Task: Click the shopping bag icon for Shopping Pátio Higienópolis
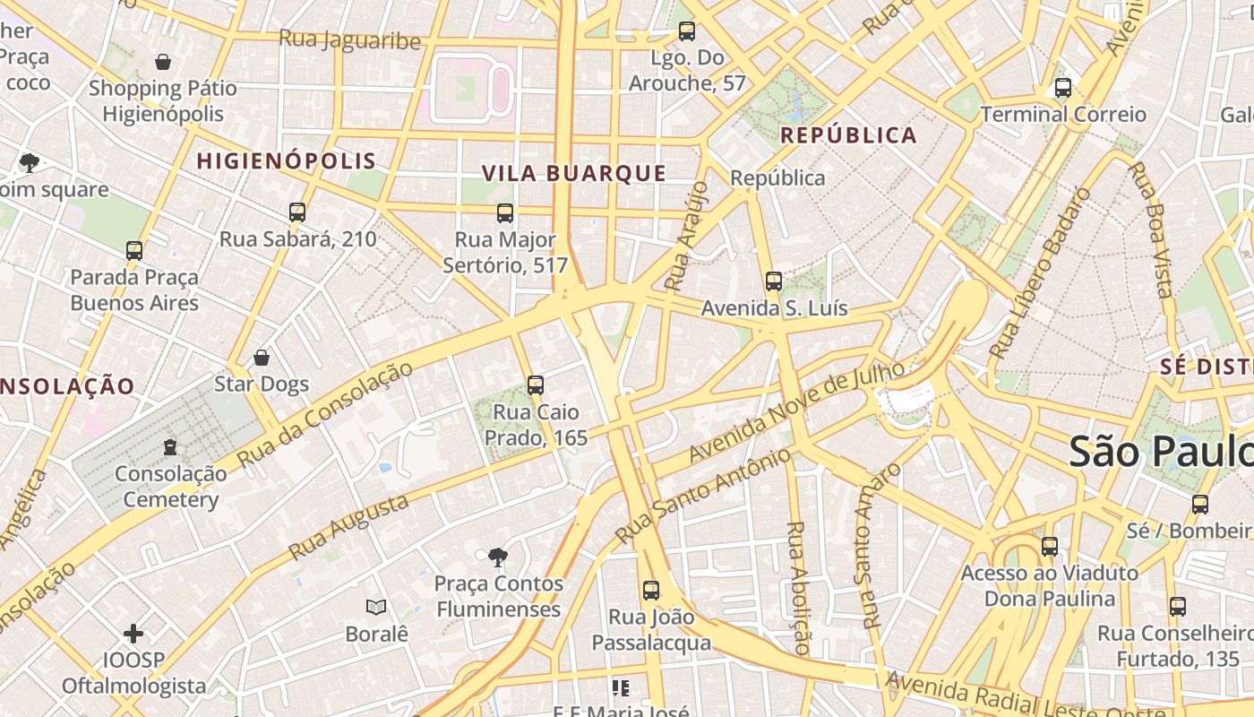(x=163, y=62)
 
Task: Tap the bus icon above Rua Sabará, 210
(x=297, y=212)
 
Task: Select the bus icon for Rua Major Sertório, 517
(x=505, y=212)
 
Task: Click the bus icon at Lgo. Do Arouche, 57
(x=687, y=31)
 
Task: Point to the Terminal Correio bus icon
(x=1063, y=88)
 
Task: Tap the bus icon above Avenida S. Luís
(x=774, y=281)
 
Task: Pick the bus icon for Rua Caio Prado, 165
(x=536, y=385)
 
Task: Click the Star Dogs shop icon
(x=262, y=358)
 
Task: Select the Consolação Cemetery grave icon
(x=170, y=446)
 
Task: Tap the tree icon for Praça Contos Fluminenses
(x=497, y=557)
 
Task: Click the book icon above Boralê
(x=376, y=608)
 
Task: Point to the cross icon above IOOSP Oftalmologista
(x=133, y=635)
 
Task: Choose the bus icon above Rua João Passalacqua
(x=651, y=591)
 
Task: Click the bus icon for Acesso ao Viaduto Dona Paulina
(x=1050, y=546)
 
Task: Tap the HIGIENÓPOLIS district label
(x=286, y=161)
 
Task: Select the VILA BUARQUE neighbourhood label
(x=574, y=173)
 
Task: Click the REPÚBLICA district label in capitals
(x=848, y=135)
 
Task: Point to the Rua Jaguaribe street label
(x=349, y=40)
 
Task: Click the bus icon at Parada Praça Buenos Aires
(x=134, y=251)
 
